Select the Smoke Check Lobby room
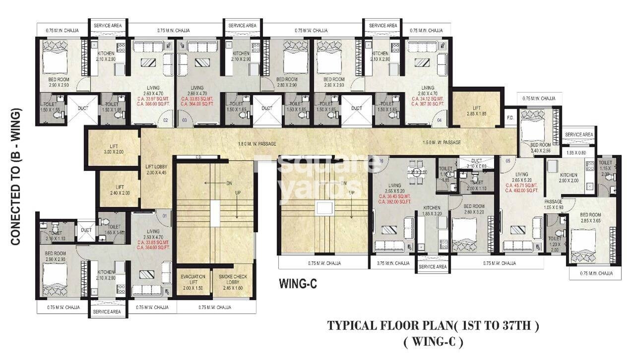pos(233,280)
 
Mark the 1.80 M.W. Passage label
pos(257,144)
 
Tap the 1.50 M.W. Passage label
pos(442,142)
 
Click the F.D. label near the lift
pos(510,118)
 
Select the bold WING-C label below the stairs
pos(298,284)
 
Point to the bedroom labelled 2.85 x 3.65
pos(590,218)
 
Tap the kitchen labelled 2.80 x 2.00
pos(569,178)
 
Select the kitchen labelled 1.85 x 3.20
pos(432,211)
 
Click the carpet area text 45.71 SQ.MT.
pos(521,185)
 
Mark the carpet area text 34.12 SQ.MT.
pos(428,99)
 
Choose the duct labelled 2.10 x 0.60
pos(476,164)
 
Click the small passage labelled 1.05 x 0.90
pos(553,205)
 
